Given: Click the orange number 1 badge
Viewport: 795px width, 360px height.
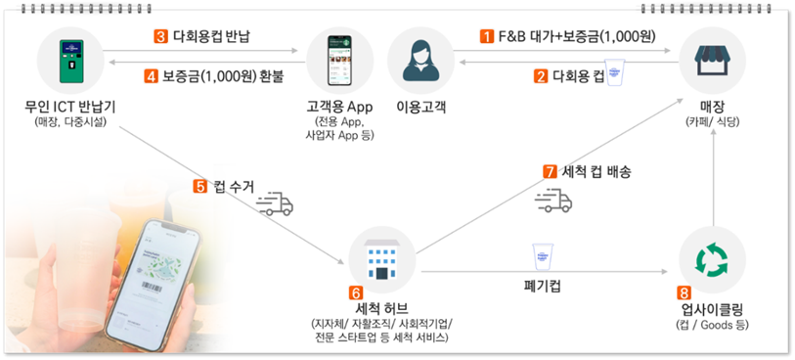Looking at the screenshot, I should [486, 37].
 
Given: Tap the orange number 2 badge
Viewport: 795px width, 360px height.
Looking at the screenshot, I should [540, 75].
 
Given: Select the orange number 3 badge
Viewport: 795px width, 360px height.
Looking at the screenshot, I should [160, 37].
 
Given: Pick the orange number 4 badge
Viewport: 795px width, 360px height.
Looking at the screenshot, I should [151, 75].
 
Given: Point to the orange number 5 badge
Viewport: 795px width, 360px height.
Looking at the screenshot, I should [200, 186].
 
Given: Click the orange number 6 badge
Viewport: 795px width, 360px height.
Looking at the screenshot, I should [356, 292].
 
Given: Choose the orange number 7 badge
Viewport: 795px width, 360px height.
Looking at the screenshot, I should [550, 171].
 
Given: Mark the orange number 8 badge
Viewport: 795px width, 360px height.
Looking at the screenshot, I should [684, 292].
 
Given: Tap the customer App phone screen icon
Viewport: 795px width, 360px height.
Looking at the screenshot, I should [341, 61].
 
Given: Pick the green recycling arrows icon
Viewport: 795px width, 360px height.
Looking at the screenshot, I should [712, 257].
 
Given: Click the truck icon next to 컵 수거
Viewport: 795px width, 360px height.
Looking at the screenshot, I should [274, 203].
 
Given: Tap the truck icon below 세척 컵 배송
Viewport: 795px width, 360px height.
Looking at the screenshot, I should [553, 201].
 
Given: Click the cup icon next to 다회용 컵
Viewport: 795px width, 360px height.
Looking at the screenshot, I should [614, 74].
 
